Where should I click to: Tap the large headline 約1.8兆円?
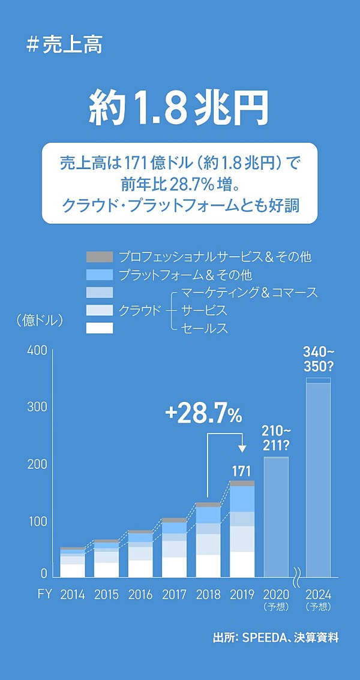point(178,108)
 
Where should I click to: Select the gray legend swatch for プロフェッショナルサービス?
point(100,257)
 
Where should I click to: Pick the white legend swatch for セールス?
point(100,328)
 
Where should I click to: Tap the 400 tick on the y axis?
point(37,351)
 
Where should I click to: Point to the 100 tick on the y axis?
point(37,521)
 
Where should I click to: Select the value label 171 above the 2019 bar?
point(241,471)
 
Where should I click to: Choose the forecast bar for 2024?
point(318,480)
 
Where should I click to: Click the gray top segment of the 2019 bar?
point(242,483)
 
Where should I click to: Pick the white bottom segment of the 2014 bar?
point(73,570)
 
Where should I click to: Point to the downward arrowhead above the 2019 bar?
point(242,448)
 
